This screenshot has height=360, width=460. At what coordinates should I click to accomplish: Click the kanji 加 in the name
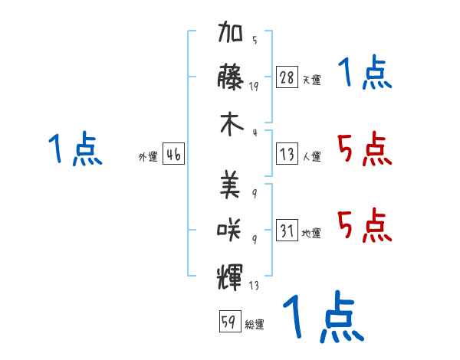pos(230,31)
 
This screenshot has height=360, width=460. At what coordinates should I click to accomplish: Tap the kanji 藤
pos(230,77)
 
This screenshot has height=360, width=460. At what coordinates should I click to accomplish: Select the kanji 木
pos(232,124)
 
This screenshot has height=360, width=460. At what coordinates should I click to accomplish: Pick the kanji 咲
pos(229,231)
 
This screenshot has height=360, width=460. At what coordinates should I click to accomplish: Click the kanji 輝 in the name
pos(230,277)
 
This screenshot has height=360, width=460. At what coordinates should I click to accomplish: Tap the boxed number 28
pos(287,77)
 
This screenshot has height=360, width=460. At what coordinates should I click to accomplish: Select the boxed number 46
pos(174,154)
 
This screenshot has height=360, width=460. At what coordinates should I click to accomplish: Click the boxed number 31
pos(287,230)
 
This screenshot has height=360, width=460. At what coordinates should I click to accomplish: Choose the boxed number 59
pos(230,321)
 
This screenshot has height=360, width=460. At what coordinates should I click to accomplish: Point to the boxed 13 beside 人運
pos(287,154)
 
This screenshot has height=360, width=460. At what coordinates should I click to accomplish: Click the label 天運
pos(311,80)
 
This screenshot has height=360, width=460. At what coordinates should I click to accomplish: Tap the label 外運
pos(148,157)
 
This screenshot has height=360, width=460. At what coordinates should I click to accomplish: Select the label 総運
pos(255,325)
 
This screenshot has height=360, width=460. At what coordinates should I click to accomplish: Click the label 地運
pos(311,234)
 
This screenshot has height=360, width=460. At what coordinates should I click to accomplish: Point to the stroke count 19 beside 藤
pos(254,87)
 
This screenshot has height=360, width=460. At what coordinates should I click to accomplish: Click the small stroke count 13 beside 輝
pos(254,285)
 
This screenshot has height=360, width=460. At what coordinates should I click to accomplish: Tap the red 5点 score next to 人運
pos(365,149)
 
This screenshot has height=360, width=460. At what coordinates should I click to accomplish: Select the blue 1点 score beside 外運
pos(75,149)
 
